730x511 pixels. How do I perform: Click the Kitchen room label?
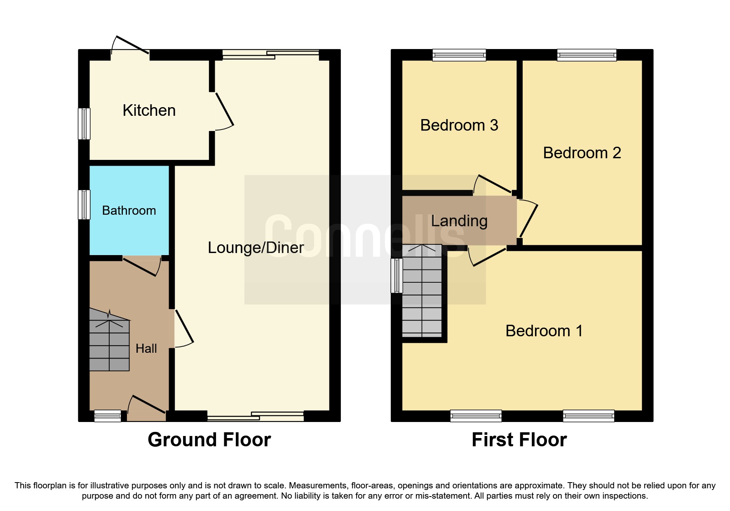pyautogui.click(x=149, y=110)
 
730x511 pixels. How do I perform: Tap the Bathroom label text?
pyautogui.click(x=129, y=211)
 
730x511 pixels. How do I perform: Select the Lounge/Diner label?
pyautogui.click(x=256, y=248)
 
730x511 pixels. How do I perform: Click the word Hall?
pyautogui.click(x=146, y=349)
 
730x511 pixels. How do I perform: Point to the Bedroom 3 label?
pyautogui.click(x=459, y=125)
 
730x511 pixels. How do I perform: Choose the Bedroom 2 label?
pyautogui.click(x=582, y=153)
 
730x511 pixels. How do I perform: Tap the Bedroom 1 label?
pyautogui.click(x=544, y=331)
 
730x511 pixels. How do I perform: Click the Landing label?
pyautogui.click(x=459, y=221)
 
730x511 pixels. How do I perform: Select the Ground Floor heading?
pyautogui.click(x=209, y=440)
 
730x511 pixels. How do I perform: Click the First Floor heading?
pyautogui.click(x=519, y=440)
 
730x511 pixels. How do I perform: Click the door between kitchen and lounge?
pyautogui.click(x=223, y=110)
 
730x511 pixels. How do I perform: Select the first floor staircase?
pyautogui.click(x=422, y=291)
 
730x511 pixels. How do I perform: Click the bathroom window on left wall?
pyautogui.click(x=84, y=204)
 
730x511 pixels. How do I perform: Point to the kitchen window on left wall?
pyautogui.click(x=84, y=124)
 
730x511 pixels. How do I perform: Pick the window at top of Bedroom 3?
pyautogui.click(x=459, y=55)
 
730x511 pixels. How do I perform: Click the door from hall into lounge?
pyautogui.click(x=183, y=328)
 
